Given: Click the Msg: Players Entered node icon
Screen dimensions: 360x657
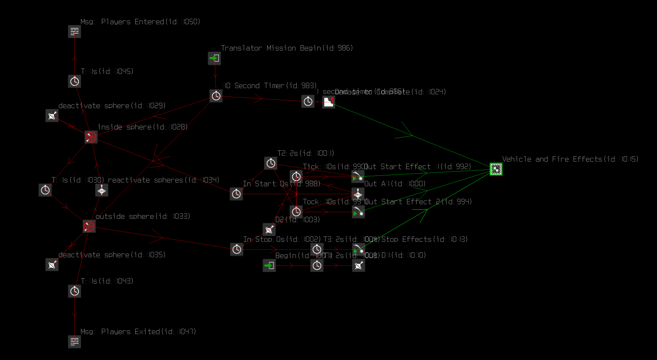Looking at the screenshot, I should click(74, 31).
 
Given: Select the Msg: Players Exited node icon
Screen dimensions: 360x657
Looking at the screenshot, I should click(74, 342).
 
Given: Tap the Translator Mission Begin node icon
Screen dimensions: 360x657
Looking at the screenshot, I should click(215, 58).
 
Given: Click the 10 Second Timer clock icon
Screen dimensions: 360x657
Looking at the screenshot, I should click(216, 96).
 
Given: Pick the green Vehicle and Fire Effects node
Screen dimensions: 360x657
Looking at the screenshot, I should click(496, 169).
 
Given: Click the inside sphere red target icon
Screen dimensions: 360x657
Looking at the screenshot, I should click(91, 137).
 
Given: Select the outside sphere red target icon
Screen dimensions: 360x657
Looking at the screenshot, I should click(89, 226).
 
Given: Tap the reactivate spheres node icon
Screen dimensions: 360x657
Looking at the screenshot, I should click(101, 190).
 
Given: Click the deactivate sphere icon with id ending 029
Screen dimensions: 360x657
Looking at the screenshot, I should click(52, 116).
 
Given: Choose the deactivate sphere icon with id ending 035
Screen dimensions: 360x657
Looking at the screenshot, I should click(52, 264).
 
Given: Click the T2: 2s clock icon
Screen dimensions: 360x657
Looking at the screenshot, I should click(270, 163).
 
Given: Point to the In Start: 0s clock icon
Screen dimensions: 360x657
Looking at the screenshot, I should click(236, 194).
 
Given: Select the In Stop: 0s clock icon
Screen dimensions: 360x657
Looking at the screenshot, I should click(237, 249).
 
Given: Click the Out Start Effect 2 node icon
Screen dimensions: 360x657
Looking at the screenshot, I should click(358, 212).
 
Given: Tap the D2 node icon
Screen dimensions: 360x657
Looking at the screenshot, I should click(269, 229).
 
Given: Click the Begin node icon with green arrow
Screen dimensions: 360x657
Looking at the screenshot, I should click(269, 265).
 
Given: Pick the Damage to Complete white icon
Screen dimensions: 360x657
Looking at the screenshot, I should click(328, 101).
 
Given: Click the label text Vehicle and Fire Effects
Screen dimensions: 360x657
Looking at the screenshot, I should click(570, 159).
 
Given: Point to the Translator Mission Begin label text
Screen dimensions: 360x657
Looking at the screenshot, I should click(287, 48).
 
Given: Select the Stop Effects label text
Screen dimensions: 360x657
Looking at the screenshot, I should click(424, 239).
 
